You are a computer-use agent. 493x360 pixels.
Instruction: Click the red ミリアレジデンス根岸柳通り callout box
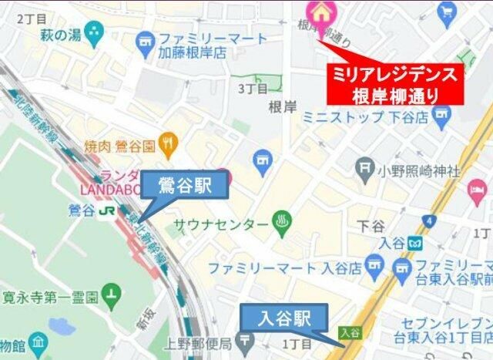point(394,85)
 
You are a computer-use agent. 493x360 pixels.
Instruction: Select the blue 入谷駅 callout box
point(284,318)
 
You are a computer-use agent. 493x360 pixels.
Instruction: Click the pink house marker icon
point(317,10)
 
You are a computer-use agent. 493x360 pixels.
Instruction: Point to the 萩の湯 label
point(62,34)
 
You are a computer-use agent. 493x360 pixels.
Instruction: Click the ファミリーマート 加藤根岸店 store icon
point(144,39)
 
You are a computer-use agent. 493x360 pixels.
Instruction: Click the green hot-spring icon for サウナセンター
point(282,224)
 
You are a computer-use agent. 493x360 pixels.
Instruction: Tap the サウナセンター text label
point(221,225)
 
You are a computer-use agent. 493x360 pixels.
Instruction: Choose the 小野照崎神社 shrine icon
point(365,167)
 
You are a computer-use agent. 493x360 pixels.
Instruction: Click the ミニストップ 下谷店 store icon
point(441,117)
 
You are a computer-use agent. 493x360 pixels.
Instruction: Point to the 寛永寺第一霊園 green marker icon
point(112,294)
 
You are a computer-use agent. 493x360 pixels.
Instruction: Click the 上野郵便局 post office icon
point(246,340)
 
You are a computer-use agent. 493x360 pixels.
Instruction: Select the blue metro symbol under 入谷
point(416,243)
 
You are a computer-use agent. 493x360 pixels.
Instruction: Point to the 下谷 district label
point(371,226)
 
